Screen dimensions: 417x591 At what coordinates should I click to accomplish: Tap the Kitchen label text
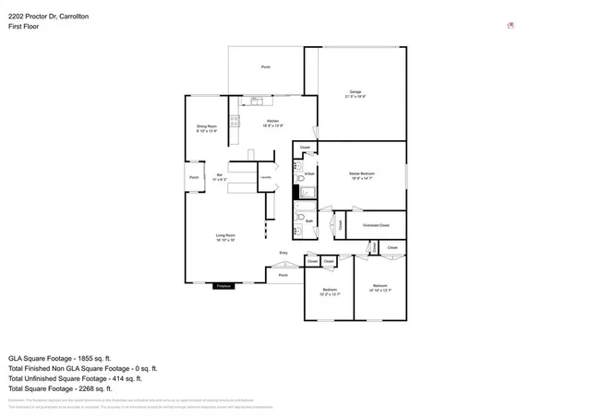point(272,122)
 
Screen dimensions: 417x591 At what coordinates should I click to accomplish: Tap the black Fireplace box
point(223,286)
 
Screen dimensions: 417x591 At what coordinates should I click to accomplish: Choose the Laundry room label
point(264,175)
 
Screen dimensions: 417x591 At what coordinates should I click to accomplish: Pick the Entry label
point(283,253)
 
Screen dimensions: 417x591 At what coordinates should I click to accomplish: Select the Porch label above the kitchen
point(265,67)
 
